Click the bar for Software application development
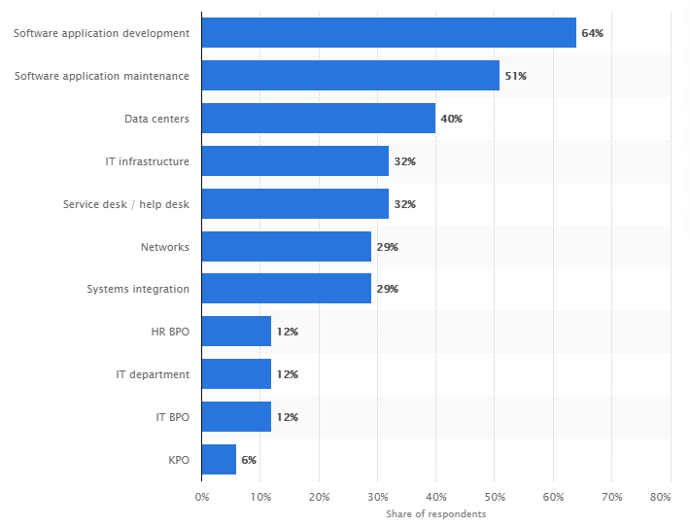click(389, 33)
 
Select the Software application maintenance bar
click(351, 76)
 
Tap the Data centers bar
click(319, 119)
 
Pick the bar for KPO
click(219, 460)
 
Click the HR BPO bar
click(236, 332)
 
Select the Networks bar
click(287, 247)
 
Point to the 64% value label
click(592, 33)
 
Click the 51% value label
click(515, 76)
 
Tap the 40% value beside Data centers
click(451, 119)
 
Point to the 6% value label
click(249, 460)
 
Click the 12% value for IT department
click(287, 374)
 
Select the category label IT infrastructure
click(148, 161)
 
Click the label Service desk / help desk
click(126, 204)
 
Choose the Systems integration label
click(138, 289)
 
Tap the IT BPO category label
click(173, 417)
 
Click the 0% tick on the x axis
click(202, 497)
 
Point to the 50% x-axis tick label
click(495, 497)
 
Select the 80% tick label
click(661, 497)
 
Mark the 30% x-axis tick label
click(377, 497)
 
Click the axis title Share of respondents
click(435, 513)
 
